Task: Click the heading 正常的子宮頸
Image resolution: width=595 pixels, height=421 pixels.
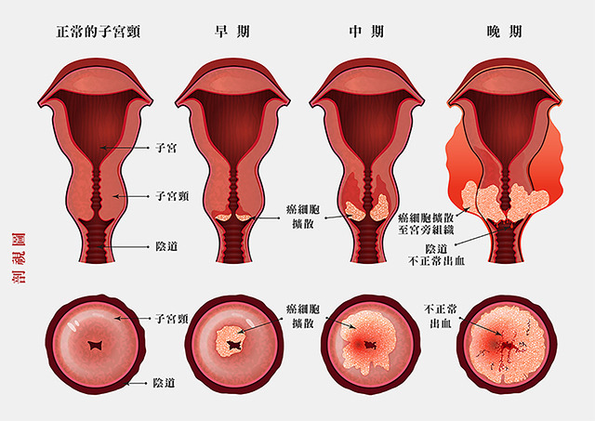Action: pyautogui.click(x=99, y=32)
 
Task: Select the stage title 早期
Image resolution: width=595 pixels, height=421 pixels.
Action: pyautogui.click(x=231, y=32)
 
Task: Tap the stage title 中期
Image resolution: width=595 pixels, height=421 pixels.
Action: pyautogui.click(x=366, y=32)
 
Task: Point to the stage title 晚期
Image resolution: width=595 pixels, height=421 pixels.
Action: pyautogui.click(x=504, y=32)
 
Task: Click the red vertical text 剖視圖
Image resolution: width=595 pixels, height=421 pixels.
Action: pyautogui.click(x=19, y=258)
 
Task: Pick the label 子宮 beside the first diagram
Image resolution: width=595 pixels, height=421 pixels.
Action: pyautogui.click(x=166, y=148)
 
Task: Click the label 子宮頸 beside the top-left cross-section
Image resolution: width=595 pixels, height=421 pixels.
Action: pyautogui.click(x=172, y=196)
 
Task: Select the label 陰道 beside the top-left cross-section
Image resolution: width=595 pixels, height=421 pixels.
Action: pyautogui.click(x=166, y=246)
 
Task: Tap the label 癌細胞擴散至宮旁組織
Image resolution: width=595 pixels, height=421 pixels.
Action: pyautogui.click(x=426, y=224)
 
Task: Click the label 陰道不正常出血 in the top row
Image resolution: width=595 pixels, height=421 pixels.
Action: pyautogui.click(x=436, y=255)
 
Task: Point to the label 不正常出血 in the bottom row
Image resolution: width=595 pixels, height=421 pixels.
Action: pyautogui.click(x=440, y=316)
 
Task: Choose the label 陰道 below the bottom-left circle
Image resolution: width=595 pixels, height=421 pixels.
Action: pyautogui.click(x=164, y=383)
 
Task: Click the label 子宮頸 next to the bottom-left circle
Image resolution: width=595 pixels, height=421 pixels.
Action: pyautogui.click(x=171, y=318)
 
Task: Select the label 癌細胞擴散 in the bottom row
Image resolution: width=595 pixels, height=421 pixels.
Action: pyautogui.click(x=303, y=316)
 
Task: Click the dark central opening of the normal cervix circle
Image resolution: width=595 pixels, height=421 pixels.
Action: pyautogui.click(x=96, y=345)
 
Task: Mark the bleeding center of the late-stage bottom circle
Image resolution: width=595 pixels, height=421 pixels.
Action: pyautogui.click(x=506, y=346)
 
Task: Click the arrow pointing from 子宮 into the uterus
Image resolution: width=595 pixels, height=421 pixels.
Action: pyautogui.click(x=125, y=148)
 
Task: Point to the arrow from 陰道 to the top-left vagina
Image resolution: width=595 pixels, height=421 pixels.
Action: pyautogui.click(x=124, y=247)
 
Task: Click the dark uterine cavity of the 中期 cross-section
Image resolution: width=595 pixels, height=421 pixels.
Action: pyautogui.click(x=367, y=125)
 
